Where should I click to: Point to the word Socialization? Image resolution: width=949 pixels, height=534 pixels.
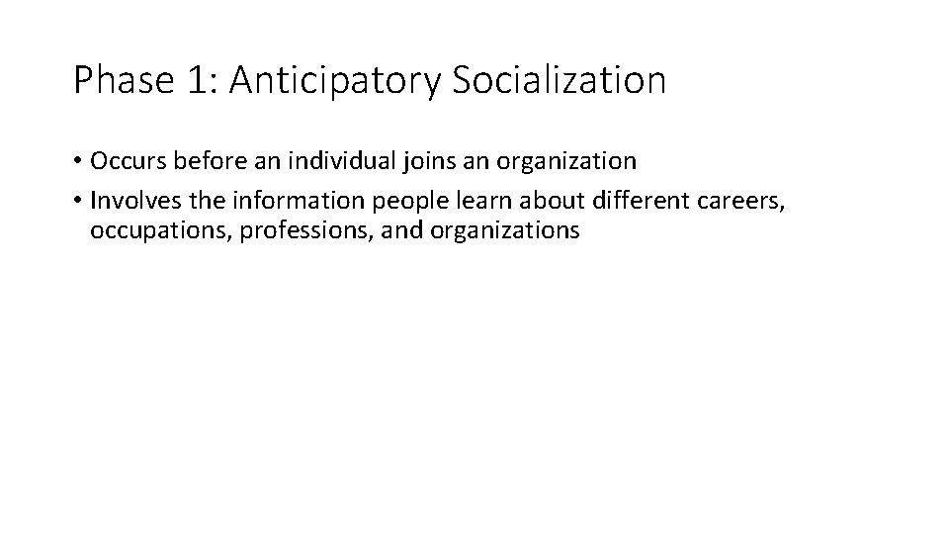point(560,80)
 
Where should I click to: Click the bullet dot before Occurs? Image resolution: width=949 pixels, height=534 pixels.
point(78,161)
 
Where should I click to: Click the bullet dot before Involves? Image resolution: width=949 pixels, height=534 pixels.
point(78,202)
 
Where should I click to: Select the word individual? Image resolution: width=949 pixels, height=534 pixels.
point(328,160)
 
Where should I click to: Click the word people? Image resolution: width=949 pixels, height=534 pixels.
point(380,202)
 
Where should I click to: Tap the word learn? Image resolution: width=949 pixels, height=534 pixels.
point(449,202)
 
